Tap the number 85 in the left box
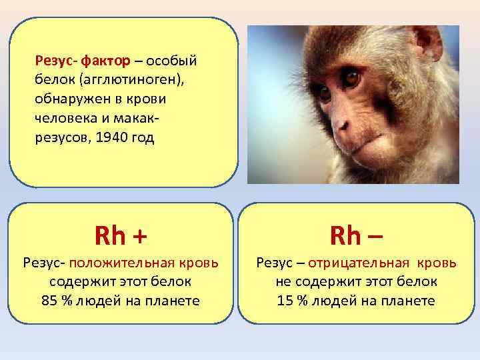tap(49, 301)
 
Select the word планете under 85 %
tap(171, 301)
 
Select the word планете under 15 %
tap(405, 301)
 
